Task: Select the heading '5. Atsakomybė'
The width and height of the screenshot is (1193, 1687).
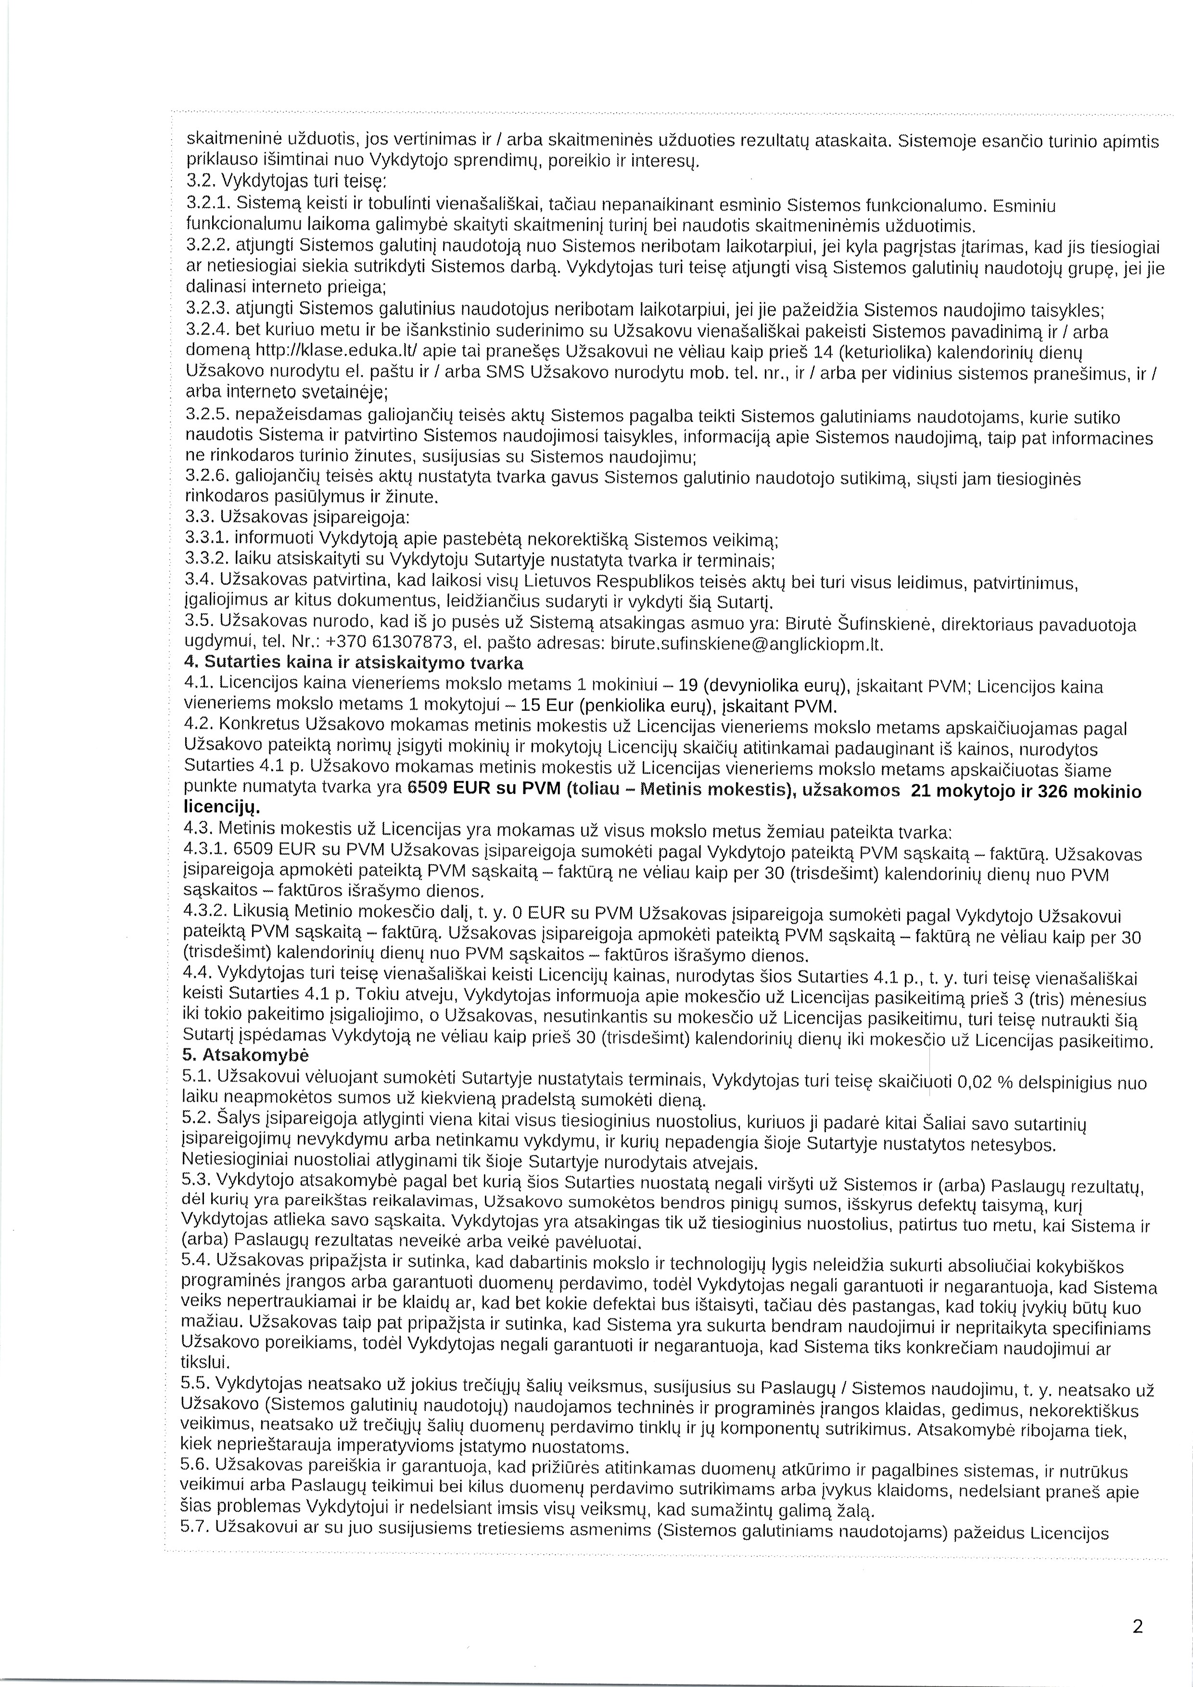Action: tap(245, 1054)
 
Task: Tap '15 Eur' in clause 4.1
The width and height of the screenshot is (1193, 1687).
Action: tap(545, 706)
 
